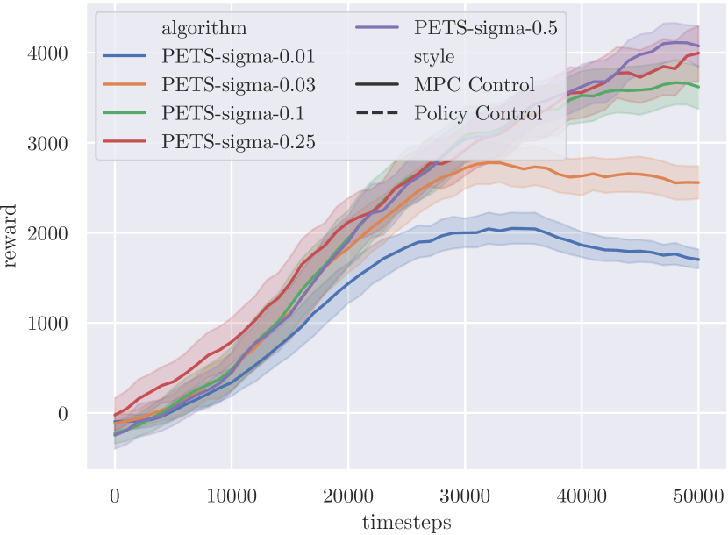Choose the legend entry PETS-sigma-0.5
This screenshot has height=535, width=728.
tap(485, 28)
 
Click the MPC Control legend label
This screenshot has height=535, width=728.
tap(475, 85)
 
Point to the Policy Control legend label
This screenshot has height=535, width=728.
tap(478, 113)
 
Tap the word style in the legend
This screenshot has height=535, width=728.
tap(434, 57)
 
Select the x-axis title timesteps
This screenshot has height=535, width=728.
tap(406, 523)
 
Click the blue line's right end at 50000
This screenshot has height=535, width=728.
tap(698, 260)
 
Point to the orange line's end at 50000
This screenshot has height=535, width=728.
tap(698, 182)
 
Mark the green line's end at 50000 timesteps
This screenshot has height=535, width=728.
tap(698, 87)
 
